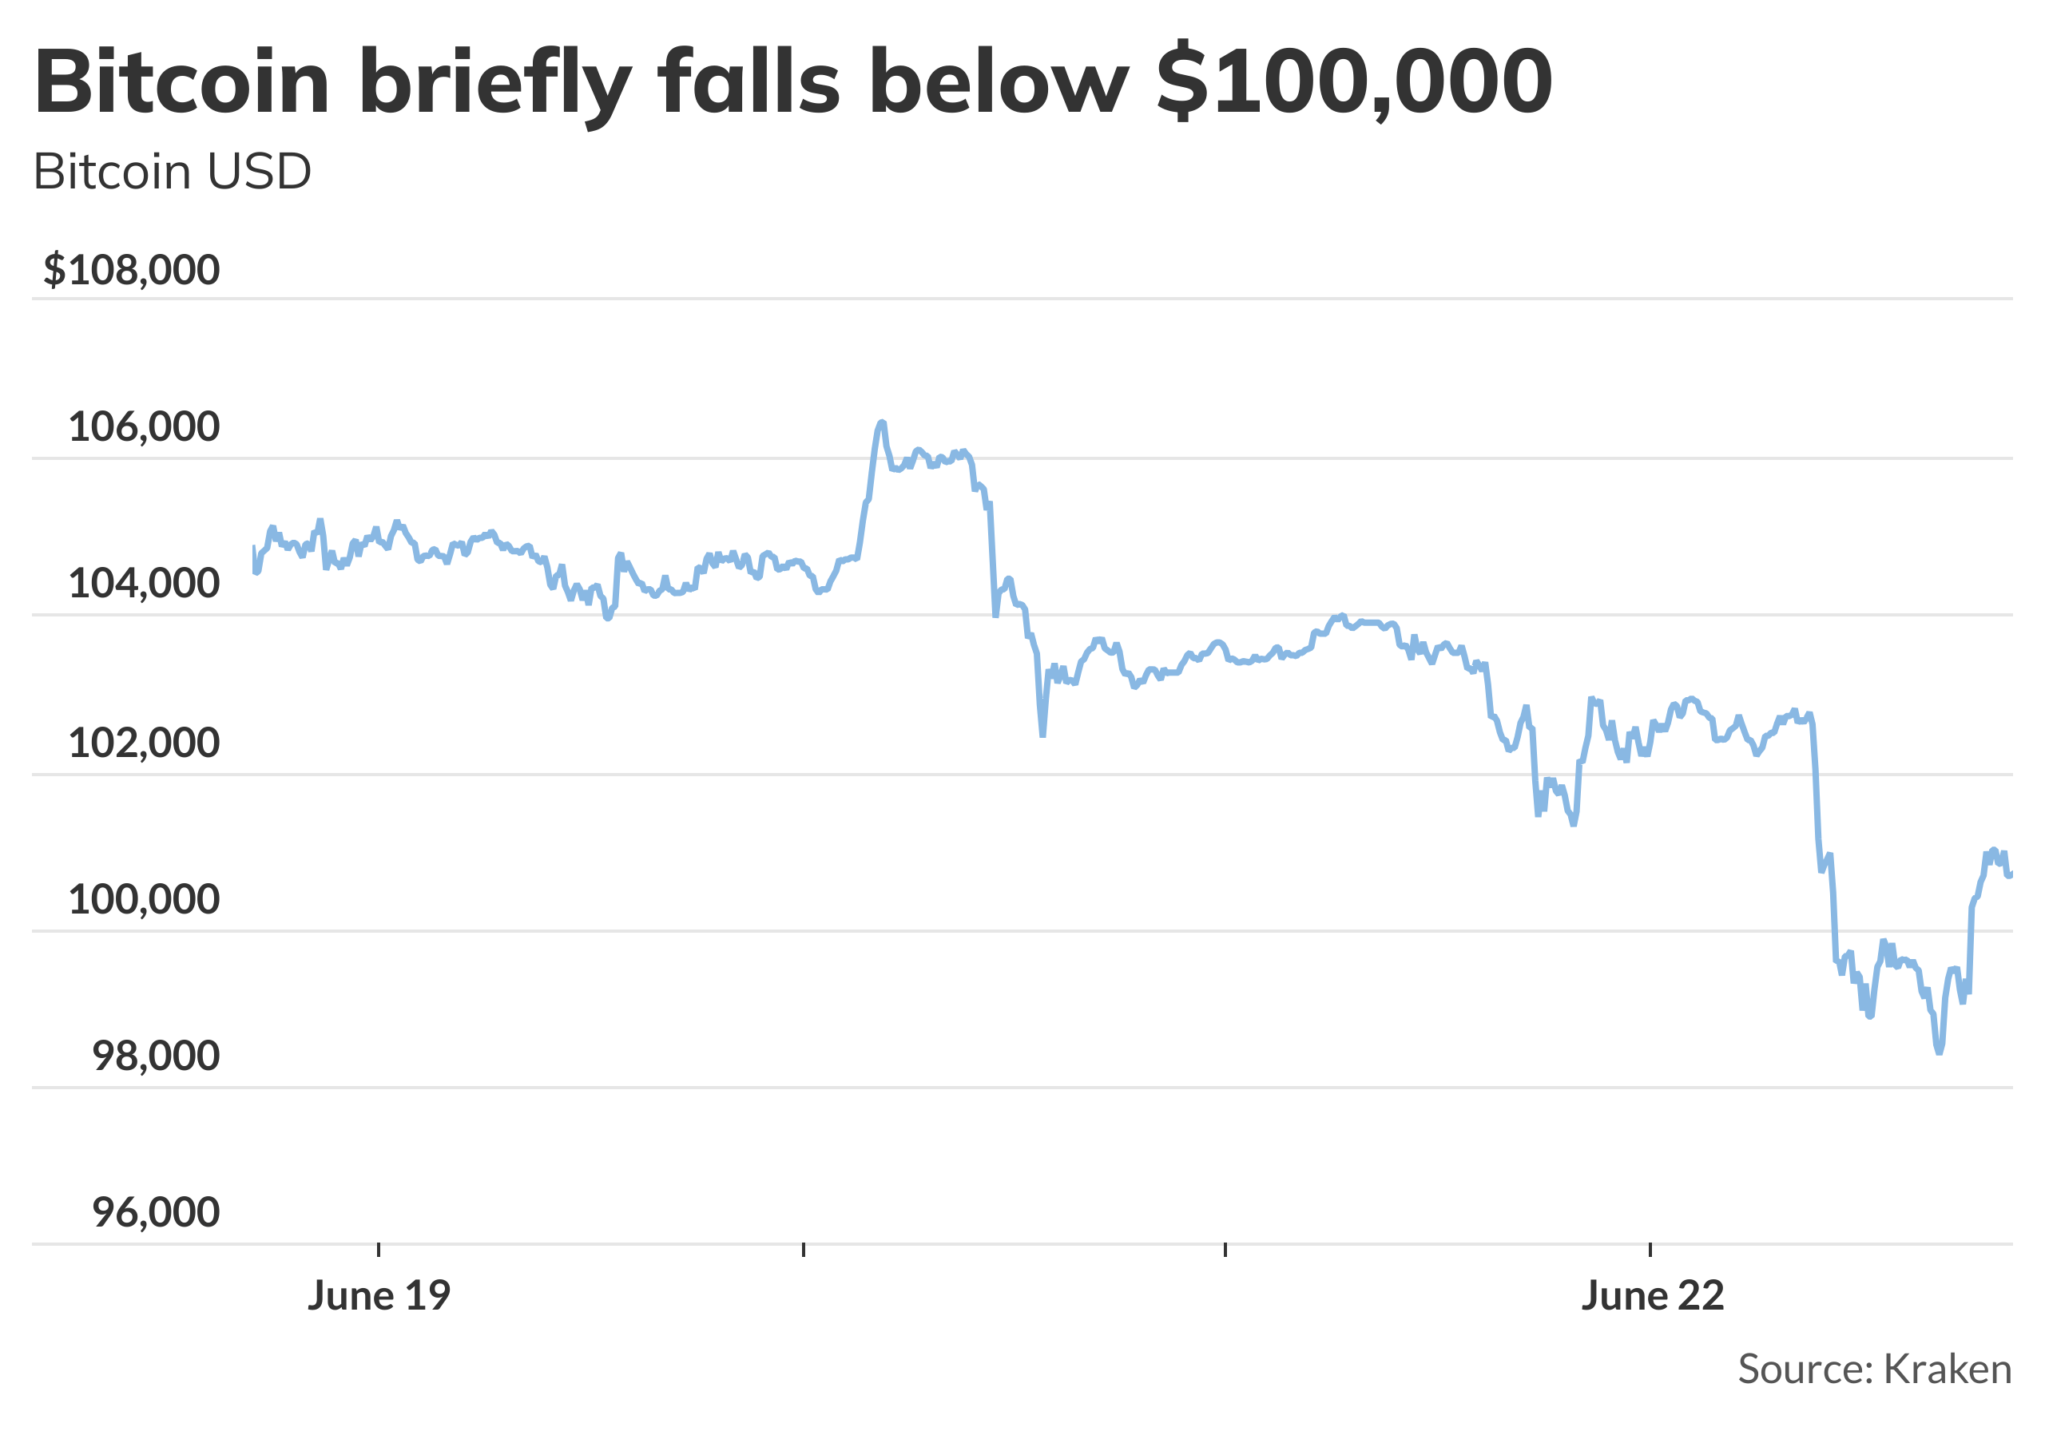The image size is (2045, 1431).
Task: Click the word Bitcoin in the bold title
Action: point(181,83)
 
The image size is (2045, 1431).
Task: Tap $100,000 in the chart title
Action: point(1354,83)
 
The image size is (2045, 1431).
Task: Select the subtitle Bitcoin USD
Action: point(172,172)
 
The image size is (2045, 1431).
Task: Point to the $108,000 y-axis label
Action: point(132,270)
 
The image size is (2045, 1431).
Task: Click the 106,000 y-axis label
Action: point(144,427)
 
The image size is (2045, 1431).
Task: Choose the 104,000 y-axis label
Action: point(144,585)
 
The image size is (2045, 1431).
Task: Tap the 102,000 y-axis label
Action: point(144,743)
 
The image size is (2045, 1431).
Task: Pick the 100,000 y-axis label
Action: point(144,900)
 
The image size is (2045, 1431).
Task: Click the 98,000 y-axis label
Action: point(155,1057)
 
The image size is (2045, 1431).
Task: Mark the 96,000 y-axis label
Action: point(155,1213)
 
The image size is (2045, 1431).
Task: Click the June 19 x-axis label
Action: point(379,1297)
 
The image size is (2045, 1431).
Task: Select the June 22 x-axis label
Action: point(1653,1297)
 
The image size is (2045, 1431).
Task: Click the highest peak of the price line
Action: point(881,422)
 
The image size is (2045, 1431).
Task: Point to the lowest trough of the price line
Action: point(1939,1052)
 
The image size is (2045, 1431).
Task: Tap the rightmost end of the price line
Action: point(2011,874)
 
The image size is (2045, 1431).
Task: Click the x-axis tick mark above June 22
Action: point(1650,1250)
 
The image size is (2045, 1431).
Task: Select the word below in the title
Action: point(998,83)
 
